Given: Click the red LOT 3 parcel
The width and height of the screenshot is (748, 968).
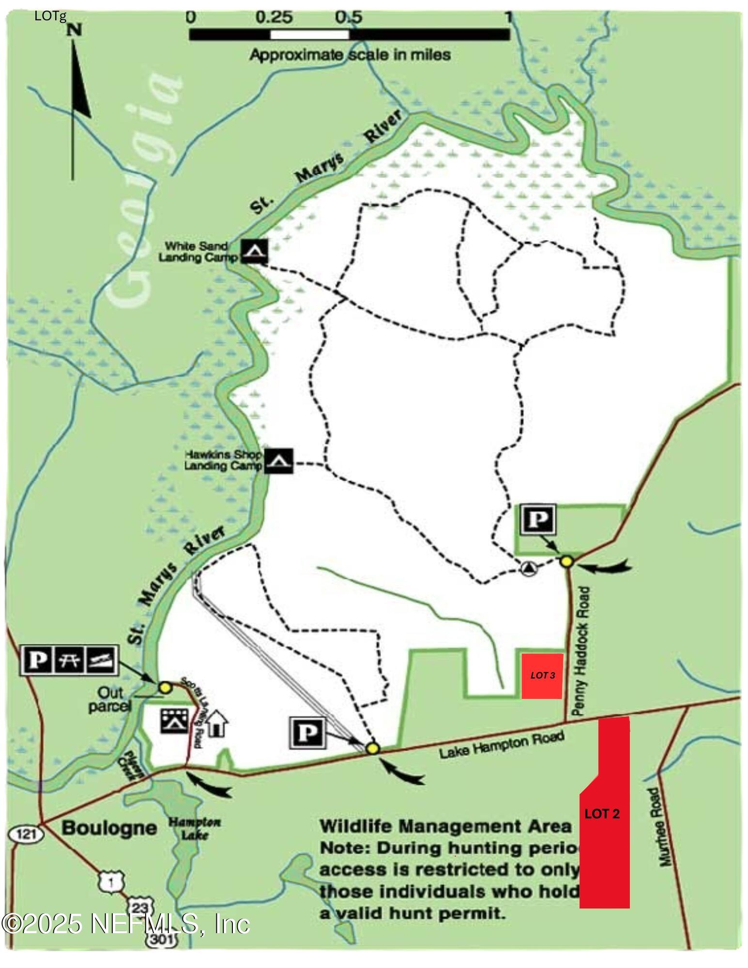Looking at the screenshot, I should pyautogui.click(x=542, y=676).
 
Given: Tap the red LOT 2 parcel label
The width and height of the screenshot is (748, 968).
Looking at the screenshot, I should pyautogui.click(x=602, y=814).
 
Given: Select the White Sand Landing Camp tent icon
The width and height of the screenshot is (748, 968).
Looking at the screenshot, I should pyautogui.click(x=254, y=251).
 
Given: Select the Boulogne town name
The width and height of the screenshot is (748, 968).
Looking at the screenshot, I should pyautogui.click(x=109, y=828).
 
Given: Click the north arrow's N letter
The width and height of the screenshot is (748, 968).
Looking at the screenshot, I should pyautogui.click(x=74, y=30).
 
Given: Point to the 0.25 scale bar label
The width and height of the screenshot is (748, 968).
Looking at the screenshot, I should pyautogui.click(x=274, y=17).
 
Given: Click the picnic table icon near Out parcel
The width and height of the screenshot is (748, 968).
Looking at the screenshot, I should pyautogui.click(x=69, y=659).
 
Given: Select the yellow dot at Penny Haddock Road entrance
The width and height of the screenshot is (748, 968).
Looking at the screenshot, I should pyautogui.click(x=567, y=561).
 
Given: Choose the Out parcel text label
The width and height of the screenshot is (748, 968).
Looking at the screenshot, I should pyautogui.click(x=109, y=699).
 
